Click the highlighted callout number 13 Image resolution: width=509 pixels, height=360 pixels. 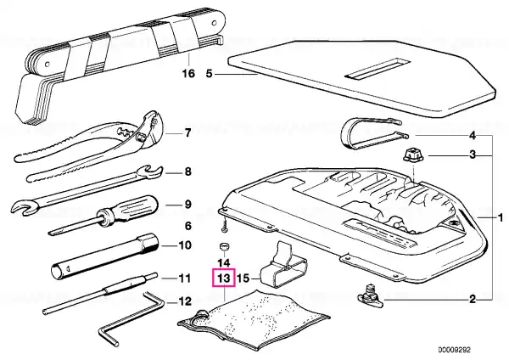[x=223, y=278]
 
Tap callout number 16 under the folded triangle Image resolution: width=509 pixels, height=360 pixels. [x=188, y=73]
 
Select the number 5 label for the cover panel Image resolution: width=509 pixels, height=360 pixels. [x=209, y=74]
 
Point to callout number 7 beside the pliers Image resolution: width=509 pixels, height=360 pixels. [x=187, y=133]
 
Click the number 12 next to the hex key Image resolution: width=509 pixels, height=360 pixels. [x=185, y=301]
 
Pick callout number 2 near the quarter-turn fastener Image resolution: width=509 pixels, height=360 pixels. [x=473, y=299]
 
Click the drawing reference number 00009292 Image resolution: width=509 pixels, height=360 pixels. [x=454, y=350]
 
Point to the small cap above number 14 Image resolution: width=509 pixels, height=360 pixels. [x=223, y=246]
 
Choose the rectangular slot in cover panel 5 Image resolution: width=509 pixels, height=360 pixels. [x=378, y=70]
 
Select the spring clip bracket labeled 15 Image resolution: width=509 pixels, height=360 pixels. [x=284, y=265]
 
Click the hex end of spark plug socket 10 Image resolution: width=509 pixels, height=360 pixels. [x=150, y=243]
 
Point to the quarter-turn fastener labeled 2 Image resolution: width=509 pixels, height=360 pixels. [x=369, y=295]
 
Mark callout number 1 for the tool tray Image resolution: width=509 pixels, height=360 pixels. [x=501, y=217]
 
